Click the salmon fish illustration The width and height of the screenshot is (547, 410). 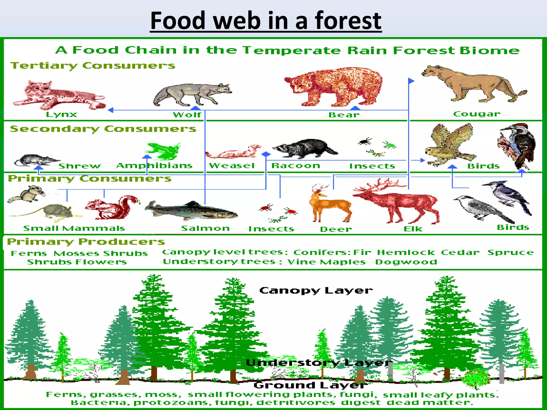[191, 211]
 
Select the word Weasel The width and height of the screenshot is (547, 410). [232, 166]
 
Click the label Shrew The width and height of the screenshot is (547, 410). [80, 166]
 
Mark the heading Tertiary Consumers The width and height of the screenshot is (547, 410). [93, 66]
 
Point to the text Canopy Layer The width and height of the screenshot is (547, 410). [316, 290]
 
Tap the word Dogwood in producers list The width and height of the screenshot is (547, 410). [406, 262]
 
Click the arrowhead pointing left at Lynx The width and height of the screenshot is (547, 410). [111, 110]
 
